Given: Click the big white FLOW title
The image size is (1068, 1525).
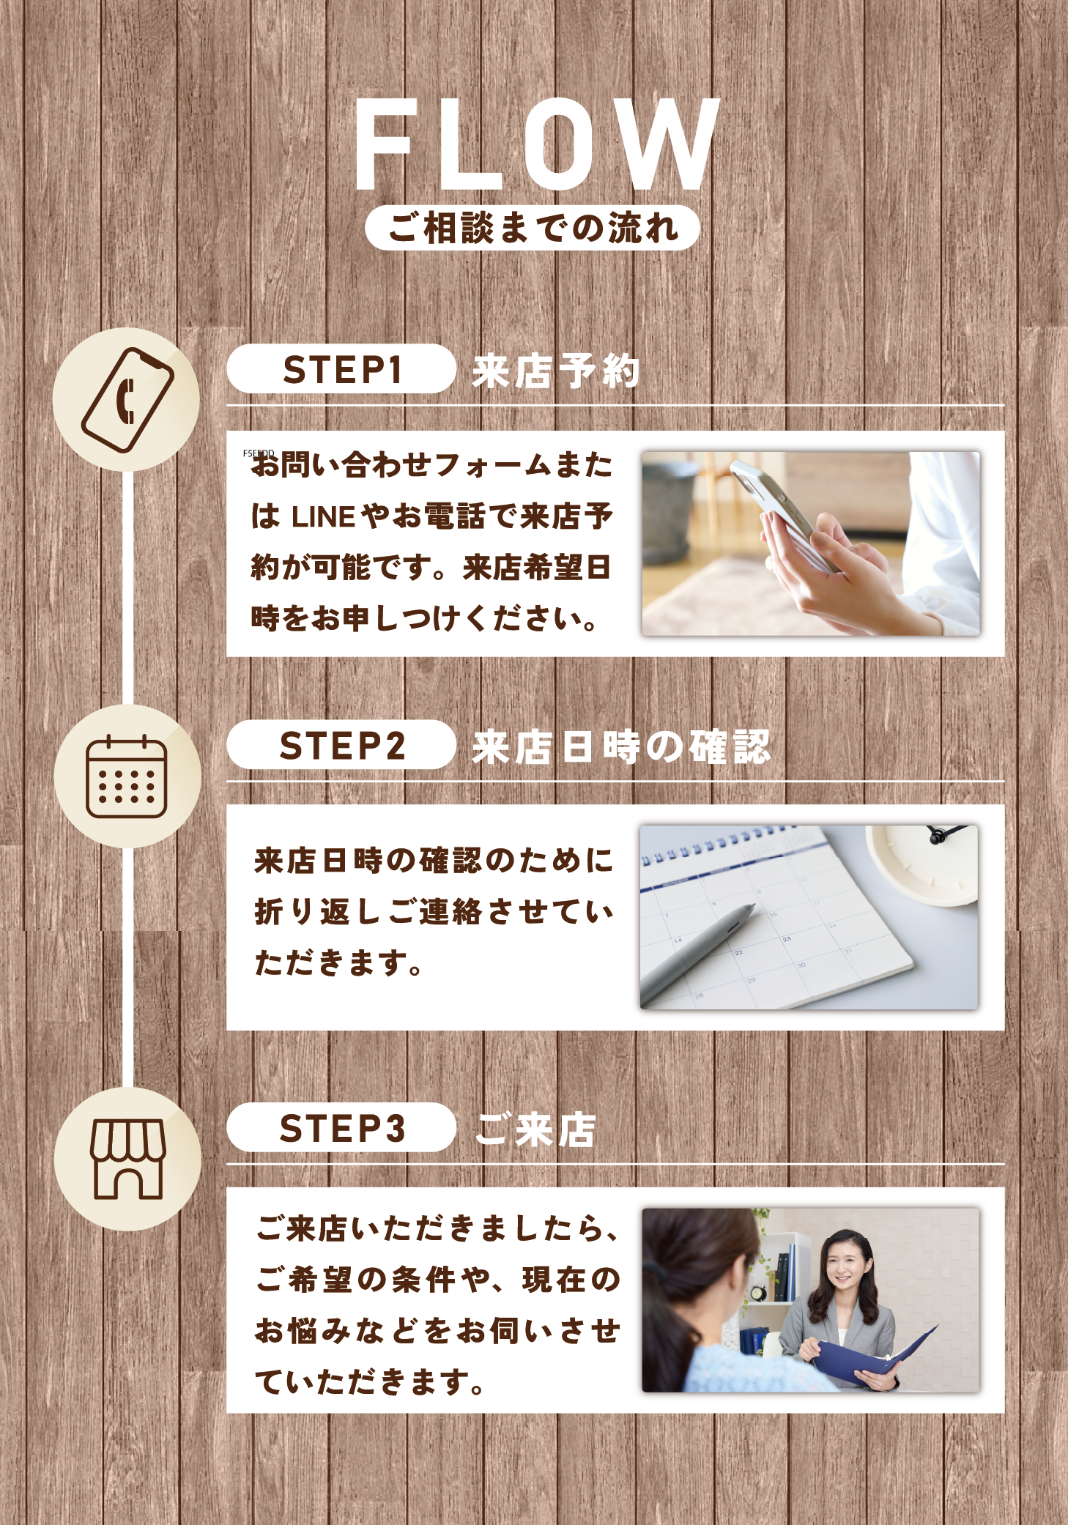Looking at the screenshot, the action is (x=537, y=144).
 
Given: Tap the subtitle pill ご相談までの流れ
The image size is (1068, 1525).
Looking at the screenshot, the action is (x=533, y=228).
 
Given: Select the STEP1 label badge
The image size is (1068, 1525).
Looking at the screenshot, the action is (x=341, y=369).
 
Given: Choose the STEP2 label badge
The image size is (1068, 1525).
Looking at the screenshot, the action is (x=341, y=745).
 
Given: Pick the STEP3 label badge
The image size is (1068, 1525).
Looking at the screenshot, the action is (x=341, y=1128).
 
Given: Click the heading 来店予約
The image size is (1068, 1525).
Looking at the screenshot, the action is (x=556, y=371).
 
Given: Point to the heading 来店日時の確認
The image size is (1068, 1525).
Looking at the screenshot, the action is (x=621, y=747).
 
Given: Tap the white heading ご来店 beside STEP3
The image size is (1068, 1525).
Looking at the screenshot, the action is (x=536, y=1129).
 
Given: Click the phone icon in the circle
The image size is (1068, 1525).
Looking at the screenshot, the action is (x=127, y=400).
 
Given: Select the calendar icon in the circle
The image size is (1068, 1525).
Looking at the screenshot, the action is (x=127, y=776).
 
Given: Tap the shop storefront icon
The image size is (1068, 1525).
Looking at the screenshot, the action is (x=127, y=1159).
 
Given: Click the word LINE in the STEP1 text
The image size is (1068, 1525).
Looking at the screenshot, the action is (x=324, y=517).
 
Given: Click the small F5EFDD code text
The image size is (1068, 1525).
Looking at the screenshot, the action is (x=259, y=454).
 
